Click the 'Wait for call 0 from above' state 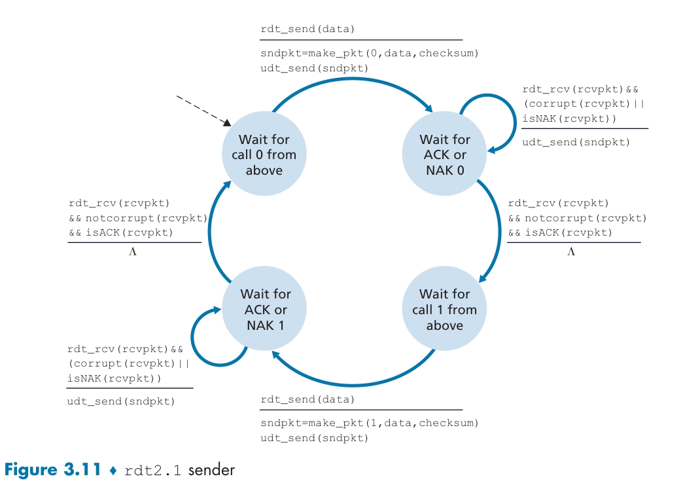pyautogui.click(x=264, y=154)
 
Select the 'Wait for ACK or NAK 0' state pyautogui.click(x=444, y=154)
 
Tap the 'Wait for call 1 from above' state pyautogui.click(x=444, y=310)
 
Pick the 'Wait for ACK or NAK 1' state pyautogui.click(x=265, y=310)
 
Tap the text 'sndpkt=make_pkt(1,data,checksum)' pyautogui.click(x=370, y=423)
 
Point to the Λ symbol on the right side pyautogui.click(x=570, y=251)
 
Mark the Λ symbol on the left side pyautogui.click(x=133, y=251)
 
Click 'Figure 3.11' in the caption pyautogui.click(x=52, y=469)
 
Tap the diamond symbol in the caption pyautogui.click(x=112, y=470)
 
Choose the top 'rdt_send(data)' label pyautogui.click(x=307, y=29)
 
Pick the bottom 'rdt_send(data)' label pyautogui.click(x=307, y=399)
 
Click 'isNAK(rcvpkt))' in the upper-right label pyautogui.click(x=569, y=118)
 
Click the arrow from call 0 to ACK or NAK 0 pyautogui.click(x=353, y=83)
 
